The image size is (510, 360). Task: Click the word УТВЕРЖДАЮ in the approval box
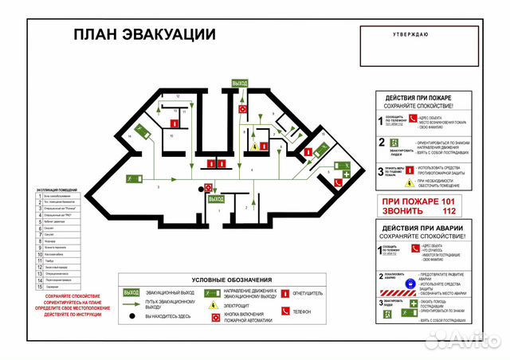410,34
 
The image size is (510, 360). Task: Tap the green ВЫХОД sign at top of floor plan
239,83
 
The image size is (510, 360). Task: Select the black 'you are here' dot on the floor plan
200,189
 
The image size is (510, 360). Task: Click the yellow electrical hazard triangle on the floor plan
254,147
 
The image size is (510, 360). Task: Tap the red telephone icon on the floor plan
338,183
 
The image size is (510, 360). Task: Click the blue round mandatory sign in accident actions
410,282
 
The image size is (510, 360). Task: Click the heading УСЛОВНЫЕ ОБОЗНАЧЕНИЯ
229,280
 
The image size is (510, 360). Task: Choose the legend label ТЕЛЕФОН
302,312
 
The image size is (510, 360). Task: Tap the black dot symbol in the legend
130,317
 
